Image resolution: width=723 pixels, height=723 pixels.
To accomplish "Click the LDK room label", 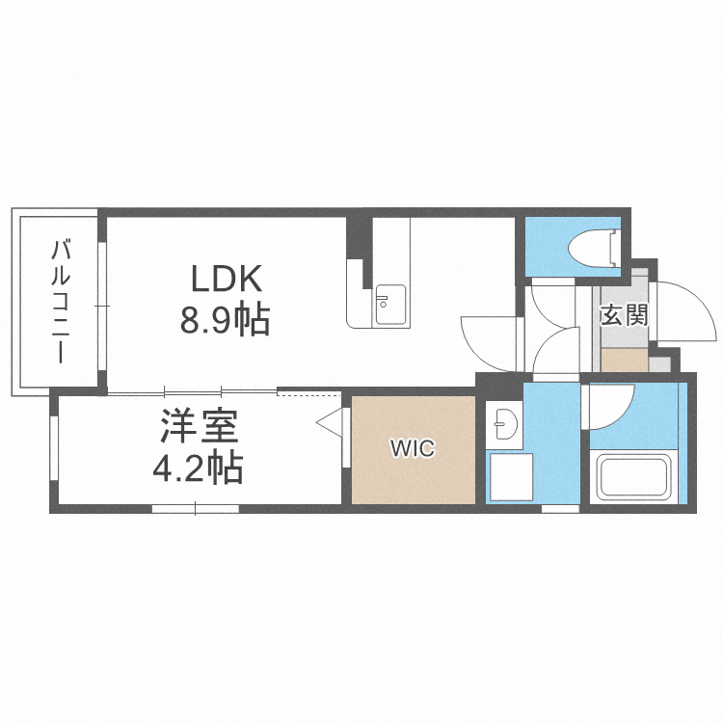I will click(x=227, y=279).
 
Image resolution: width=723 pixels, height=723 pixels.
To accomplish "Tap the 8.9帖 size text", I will click(x=225, y=319).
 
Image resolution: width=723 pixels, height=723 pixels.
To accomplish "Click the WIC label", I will click(x=413, y=448).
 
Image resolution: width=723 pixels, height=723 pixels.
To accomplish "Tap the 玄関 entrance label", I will click(x=623, y=314).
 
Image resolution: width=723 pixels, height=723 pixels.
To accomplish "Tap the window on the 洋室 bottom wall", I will click(x=195, y=508).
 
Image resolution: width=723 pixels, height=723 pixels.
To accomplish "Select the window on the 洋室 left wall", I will click(x=55, y=450).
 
